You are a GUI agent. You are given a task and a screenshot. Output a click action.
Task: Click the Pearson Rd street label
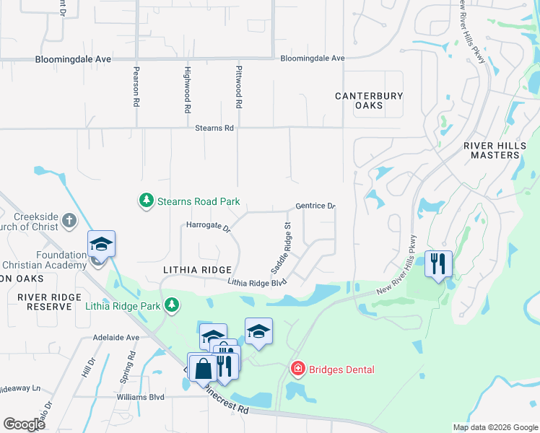point(136,87)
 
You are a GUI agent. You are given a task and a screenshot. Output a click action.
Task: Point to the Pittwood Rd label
point(238,87)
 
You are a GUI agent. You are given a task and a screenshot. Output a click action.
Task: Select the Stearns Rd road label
point(214,128)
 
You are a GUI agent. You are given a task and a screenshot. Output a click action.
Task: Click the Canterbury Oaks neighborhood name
point(368,100)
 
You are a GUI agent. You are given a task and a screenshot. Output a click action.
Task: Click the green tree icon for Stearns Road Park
point(147,199)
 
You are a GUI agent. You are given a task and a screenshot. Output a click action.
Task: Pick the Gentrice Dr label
point(315,206)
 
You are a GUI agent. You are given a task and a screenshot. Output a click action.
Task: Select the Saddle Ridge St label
point(280,247)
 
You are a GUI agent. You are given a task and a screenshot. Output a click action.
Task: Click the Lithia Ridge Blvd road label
point(258,284)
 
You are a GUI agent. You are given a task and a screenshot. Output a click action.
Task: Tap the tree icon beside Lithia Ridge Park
point(171,305)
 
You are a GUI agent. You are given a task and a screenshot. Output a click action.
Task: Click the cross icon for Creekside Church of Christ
point(69,220)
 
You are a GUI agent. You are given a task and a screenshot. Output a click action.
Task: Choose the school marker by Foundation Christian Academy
point(102,245)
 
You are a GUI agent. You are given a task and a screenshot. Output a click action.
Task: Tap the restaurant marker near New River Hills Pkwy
point(438,264)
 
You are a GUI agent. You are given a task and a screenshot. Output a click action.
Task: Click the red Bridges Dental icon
point(297,369)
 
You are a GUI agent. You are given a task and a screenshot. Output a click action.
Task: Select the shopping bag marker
point(203,367)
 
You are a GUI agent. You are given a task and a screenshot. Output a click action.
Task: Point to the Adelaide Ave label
point(116,337)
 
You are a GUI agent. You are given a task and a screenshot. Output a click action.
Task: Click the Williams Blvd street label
point(141,397)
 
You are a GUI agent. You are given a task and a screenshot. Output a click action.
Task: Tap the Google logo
point(24,424)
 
